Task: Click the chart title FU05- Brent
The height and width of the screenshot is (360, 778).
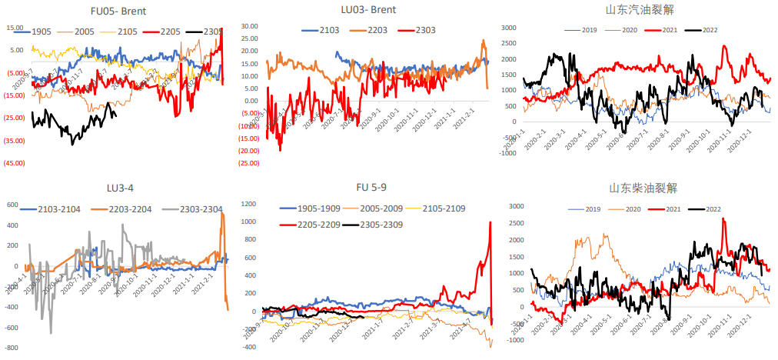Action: [118, 12]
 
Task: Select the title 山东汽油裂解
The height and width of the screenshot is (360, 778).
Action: [636, 10]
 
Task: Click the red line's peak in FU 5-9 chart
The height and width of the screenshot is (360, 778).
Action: [490, 222]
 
